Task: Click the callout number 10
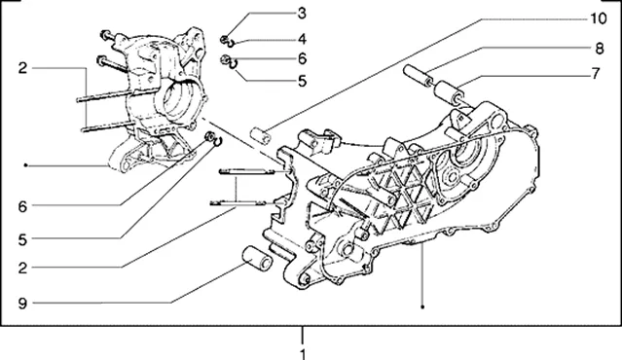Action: pyautogui.click(x=599, y=18)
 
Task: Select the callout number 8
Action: pyautogui.click(x=600, y=49)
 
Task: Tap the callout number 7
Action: pyautogui.click(x=596, y=73)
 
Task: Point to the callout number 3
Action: pyautogui.click(x=302, y=13)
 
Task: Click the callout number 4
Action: pyautogui.click(x=302, y=39)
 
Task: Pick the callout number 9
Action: pyautogui.click(x=22, y=304)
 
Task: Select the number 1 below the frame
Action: pyautogui.click(x=303, y=354)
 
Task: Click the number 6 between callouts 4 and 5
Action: pyautogui.click(x=303, y=59)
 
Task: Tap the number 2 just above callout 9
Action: pyautogui.click(x=22, y=268)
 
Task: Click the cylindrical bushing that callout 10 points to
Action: pyautogui.click(x=261, y=136)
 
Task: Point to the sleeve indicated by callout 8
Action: pyautogui.click(x=419, y=76)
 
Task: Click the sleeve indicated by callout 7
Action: pyautogui.click(x=449, y=92)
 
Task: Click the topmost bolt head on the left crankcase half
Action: pyautogui.click(x=105, y=35)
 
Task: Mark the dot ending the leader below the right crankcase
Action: pyautogui.click(x=422, y=306)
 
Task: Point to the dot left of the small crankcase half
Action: pyautogui.click(x=25, y=165)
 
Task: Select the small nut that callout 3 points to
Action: pyautogui.click(x=225, y=39)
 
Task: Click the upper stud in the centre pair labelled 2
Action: pyautogui.click(x=246, y=171)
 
